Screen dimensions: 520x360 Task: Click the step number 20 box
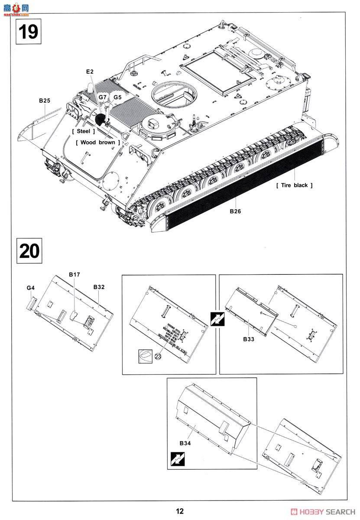coord(29,250)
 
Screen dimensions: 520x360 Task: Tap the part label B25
coord(44,101)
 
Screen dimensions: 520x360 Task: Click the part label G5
coord(117,97)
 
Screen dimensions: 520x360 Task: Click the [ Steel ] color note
coord(84,131)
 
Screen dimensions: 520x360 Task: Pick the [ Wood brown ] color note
coord(97,142)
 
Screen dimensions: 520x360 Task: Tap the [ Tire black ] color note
coord(294,185)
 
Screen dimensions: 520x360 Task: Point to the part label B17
coord(75,274)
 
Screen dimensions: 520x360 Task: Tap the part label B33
coord(248,339)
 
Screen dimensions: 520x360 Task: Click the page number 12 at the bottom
coord(180,511)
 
